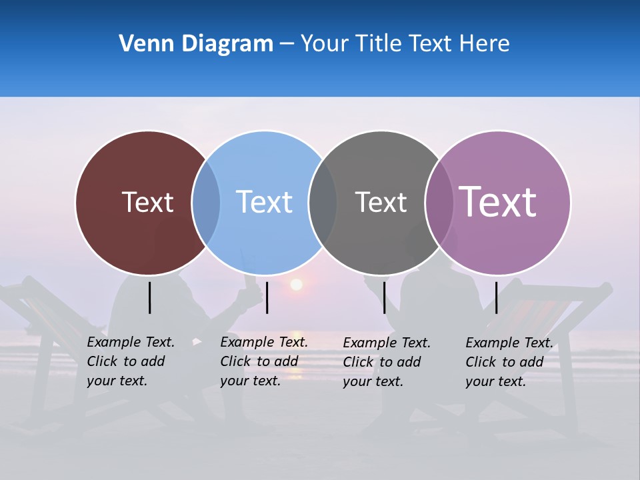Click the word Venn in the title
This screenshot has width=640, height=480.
(141, 44)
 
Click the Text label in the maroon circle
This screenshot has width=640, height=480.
(147, 202)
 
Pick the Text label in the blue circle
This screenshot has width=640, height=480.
(264, 202)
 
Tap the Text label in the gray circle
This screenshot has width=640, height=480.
(381, 202)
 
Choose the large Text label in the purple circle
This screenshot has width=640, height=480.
(498, 201)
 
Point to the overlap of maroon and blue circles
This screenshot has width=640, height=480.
(206, 203)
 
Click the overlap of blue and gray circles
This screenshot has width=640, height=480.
(323, 203)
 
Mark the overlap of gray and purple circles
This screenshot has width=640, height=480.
(439, 203)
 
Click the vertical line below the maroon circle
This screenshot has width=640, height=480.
(150, 297)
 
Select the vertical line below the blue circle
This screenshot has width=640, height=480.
(267, 297)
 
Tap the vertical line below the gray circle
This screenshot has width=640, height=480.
(384, 297)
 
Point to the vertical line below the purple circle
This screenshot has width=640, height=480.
(497, 297)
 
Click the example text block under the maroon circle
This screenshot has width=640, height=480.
(130, 361)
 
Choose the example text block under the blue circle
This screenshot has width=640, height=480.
(263, 361)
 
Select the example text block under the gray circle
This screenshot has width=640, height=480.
(386, 362)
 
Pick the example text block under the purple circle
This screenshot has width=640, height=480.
(509, 362)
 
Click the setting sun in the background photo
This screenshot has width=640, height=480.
(296, 285)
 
